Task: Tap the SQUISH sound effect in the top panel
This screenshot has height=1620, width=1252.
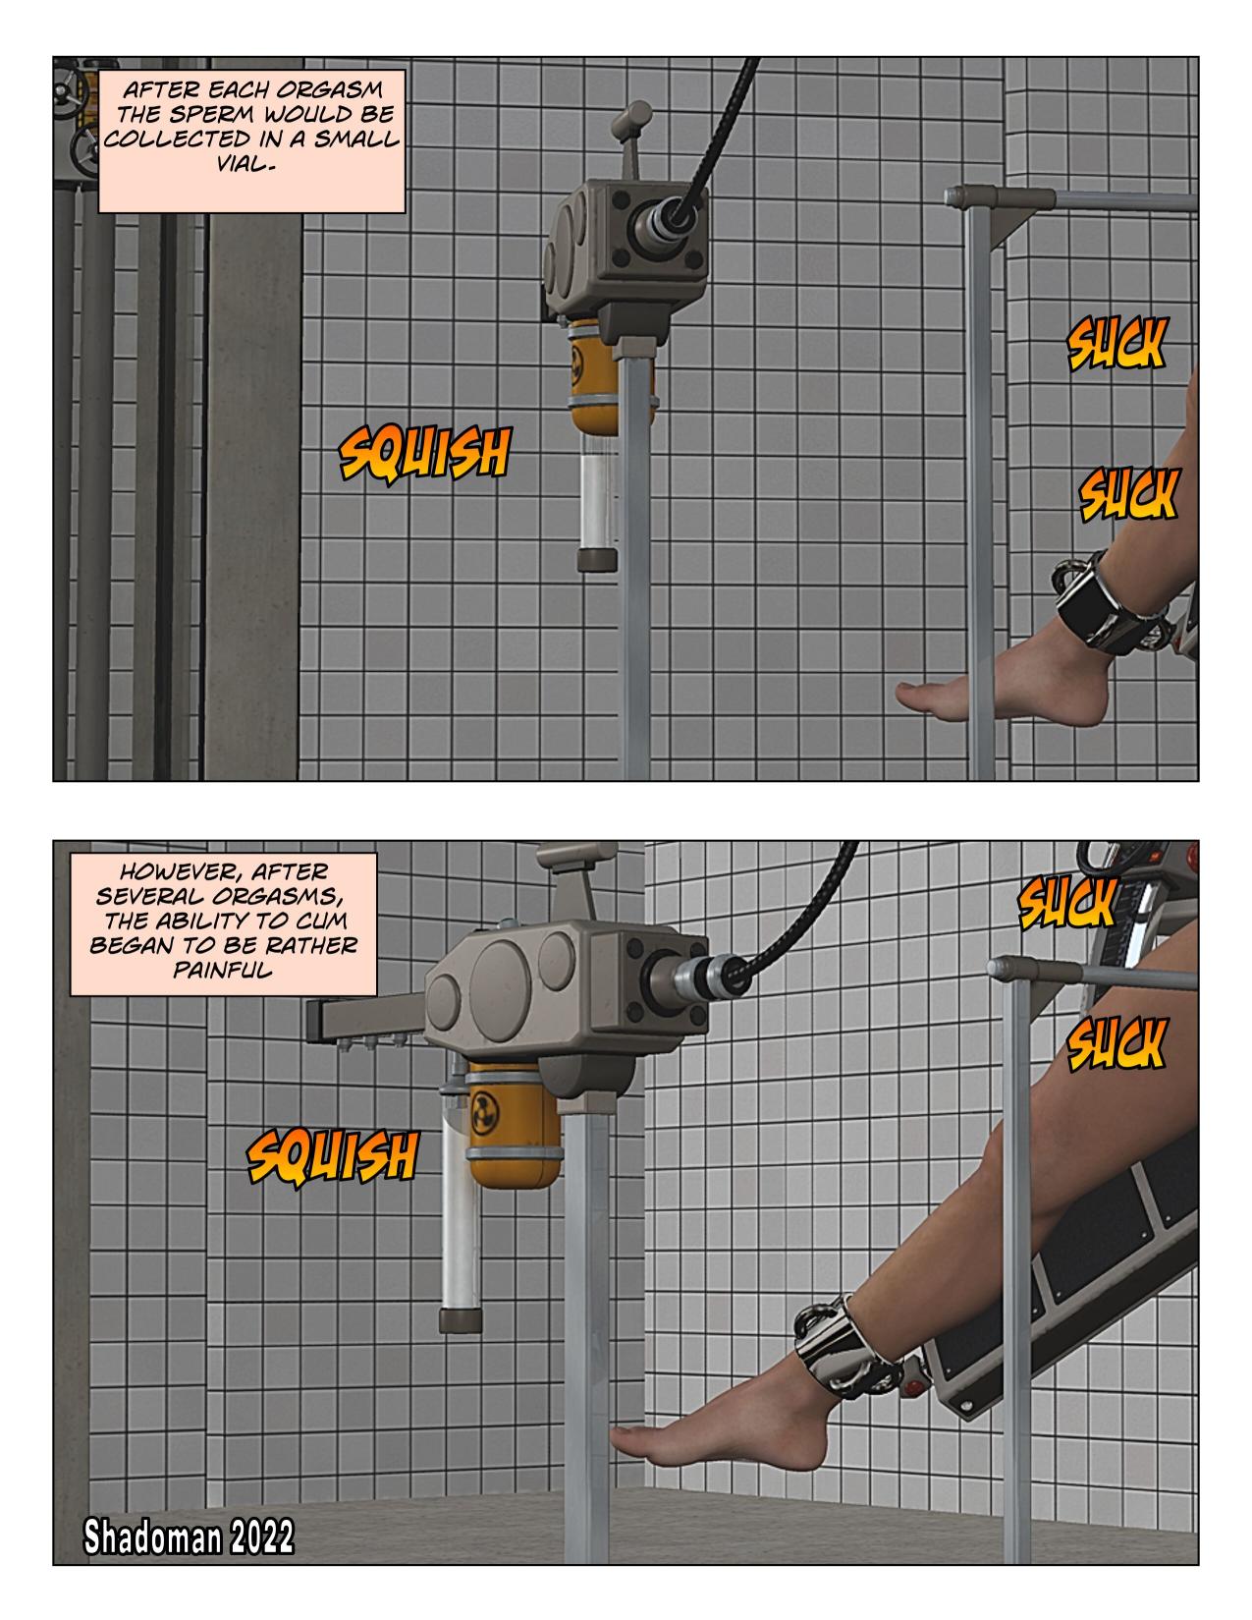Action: point(424,453)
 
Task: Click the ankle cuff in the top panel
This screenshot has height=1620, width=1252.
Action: point(1108,603)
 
